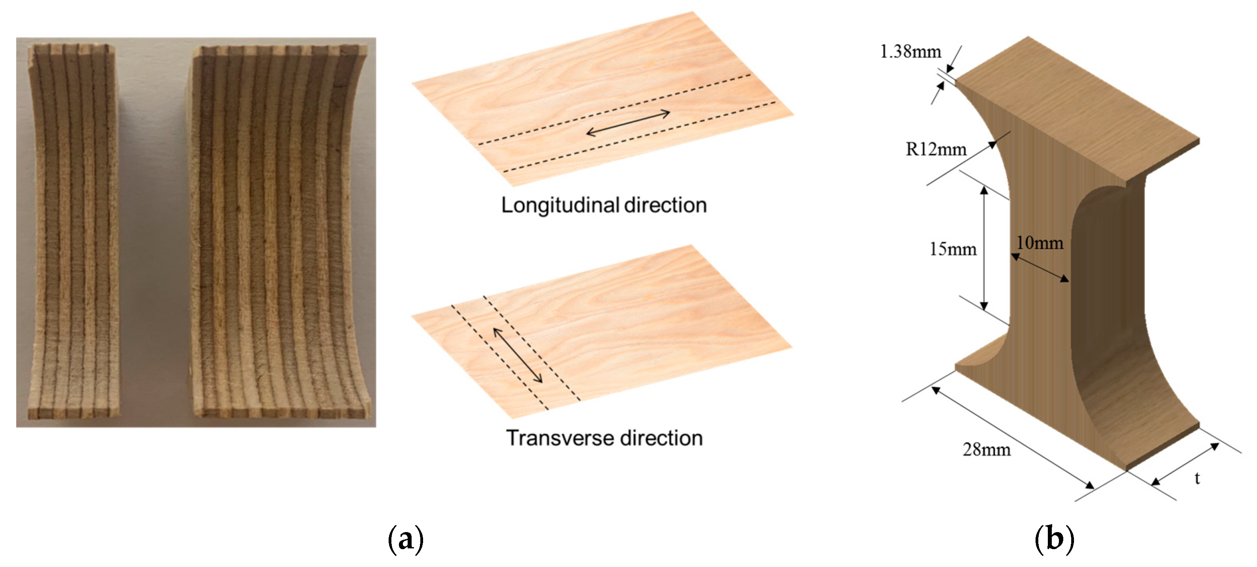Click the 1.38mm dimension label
pos(910,52)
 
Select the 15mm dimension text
pos(952,249)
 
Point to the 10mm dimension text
pos(1040,243)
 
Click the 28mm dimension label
pos(986,449)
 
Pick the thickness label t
pos(1197,478)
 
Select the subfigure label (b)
pos(1054,539)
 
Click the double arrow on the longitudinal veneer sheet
pos(628,123)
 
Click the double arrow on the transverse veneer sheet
pos(518,355)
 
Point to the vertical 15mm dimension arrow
pos(984,248)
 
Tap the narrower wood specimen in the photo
pos(74,230)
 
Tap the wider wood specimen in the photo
pos(278,230)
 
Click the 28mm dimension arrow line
pos(1013,437)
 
